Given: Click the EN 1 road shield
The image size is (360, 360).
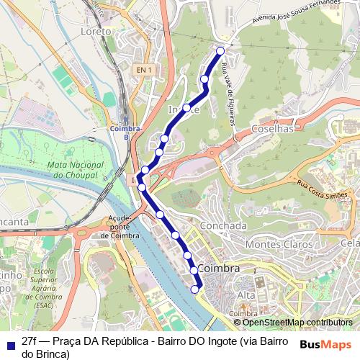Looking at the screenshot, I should tap(143, 70).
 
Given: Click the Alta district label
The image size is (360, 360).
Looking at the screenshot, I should tap(246, 296).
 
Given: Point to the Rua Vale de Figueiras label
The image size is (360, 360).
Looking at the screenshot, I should tap(228, 94).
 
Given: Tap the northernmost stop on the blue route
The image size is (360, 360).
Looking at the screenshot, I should tap(220, 50).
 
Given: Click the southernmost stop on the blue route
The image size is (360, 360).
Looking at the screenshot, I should tap(195, 289).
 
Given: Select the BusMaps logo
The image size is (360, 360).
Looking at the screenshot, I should tap(325, 344).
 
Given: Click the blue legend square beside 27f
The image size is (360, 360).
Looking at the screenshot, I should tap(9, 341).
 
